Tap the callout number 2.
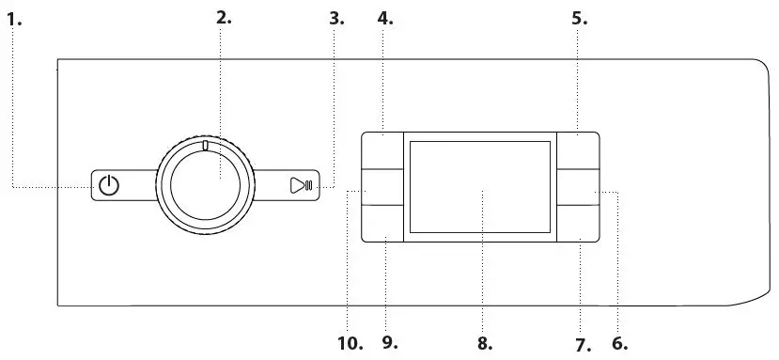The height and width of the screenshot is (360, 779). (223, 17)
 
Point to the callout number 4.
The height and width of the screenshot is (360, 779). (384, 17)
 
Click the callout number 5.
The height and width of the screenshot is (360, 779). (579, 17)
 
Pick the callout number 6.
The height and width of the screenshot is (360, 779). (620, 342)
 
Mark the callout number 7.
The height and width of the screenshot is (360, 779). (584, 344)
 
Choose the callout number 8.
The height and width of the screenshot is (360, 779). (485, 343)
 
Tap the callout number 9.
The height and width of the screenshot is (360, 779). (390, 342)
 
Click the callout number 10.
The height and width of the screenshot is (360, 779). (350, 343)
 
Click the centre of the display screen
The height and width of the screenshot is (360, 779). (480, 187)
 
